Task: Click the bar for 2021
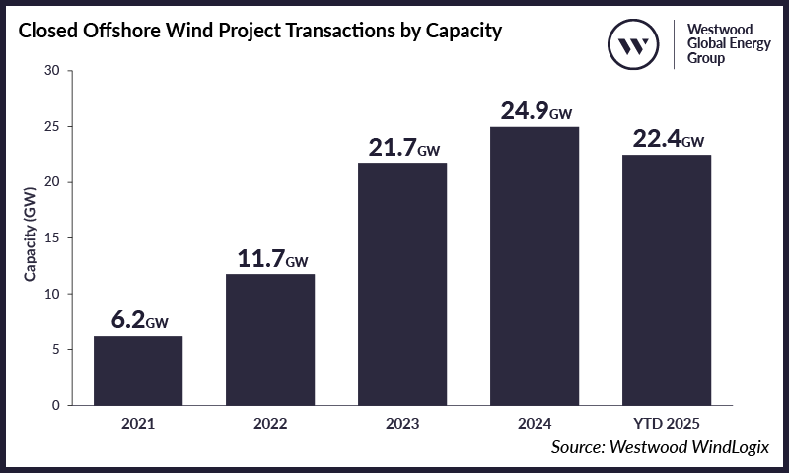click(x=138, y=371)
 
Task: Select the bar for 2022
click(x=270, y=339)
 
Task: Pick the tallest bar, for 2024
click(x=535, y=266)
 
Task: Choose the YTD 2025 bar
click(x=667, y=280)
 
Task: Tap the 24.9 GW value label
click(x=535, y=111)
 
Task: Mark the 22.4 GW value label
click(x=667, y=139)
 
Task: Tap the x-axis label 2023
click(x=402, y=424)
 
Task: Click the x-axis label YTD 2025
click(x=667, y=424)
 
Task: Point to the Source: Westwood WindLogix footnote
click(x=660, y=448)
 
